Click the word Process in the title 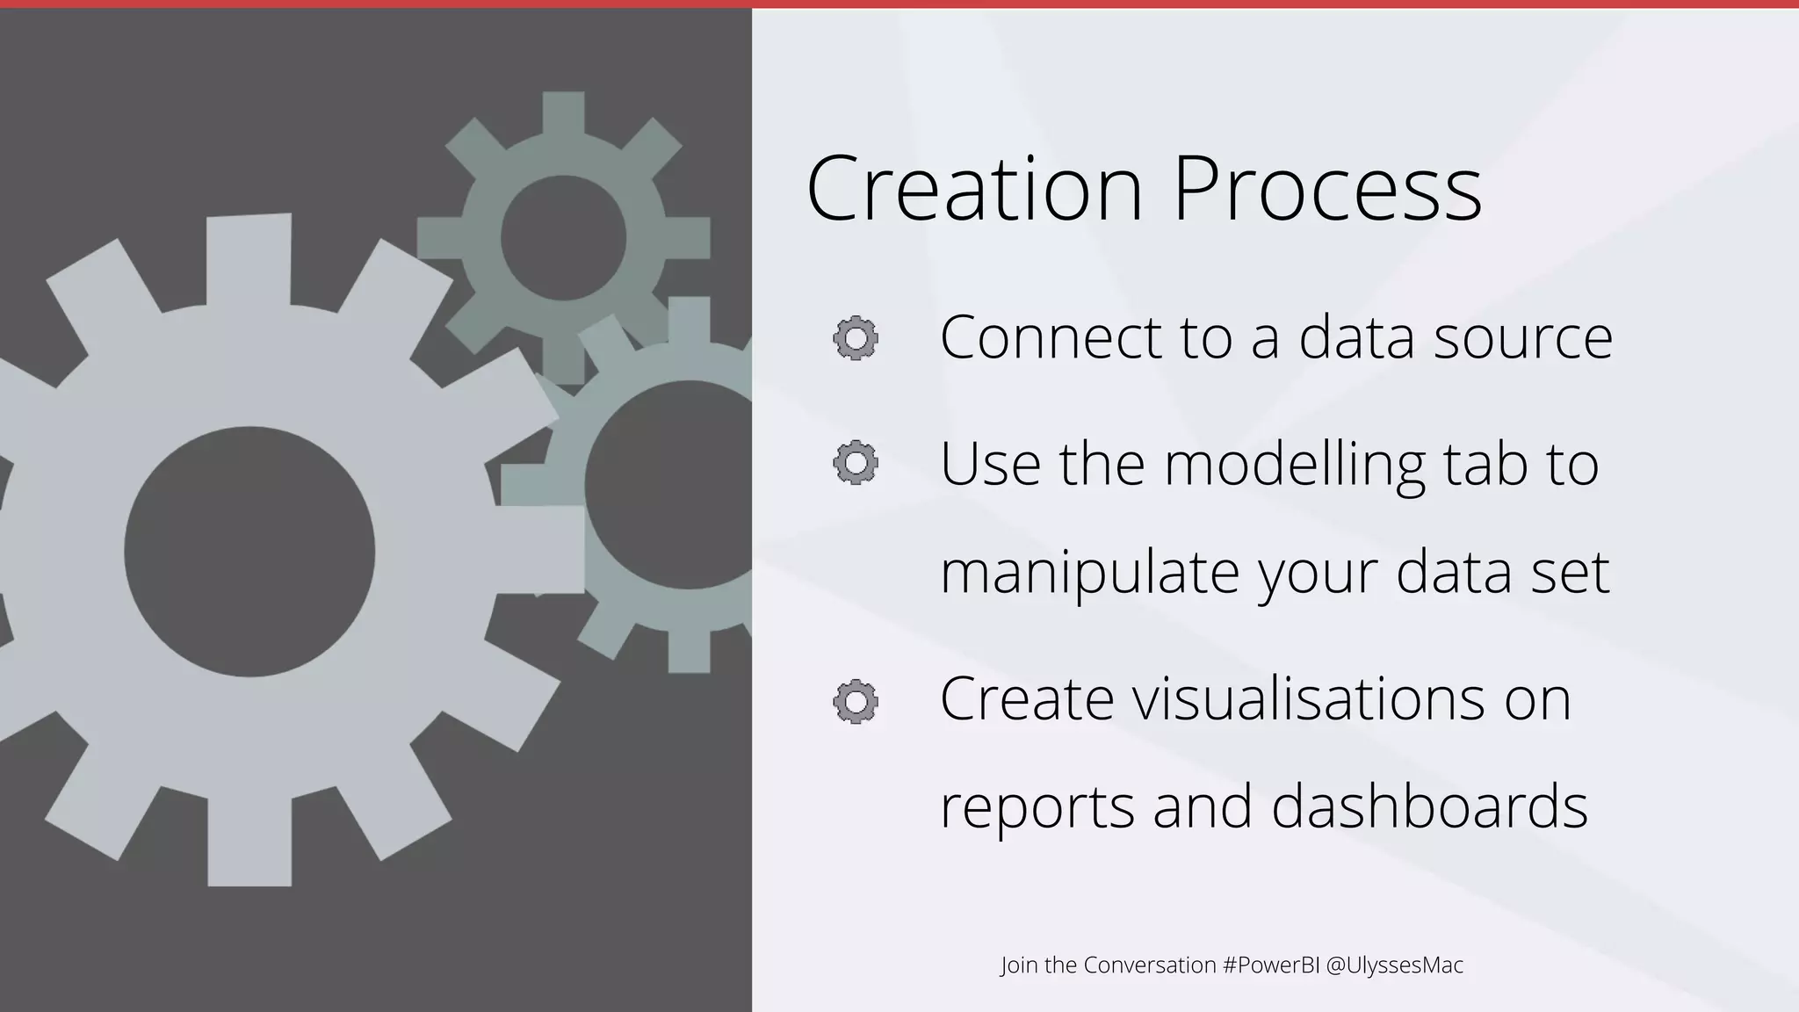[x=1327, y=189]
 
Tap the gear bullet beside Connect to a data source [x=856, y=338]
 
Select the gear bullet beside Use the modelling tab [x=856, y=463]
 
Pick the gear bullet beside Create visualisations [x=856, y=702]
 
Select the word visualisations [x=1301, y=698]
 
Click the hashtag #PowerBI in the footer [x=1271, y=965]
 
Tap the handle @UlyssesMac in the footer [x=1395, y=965]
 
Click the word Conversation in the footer [x=1150, y=965]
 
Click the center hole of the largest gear [x=249, y=552]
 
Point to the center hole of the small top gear [x=563, y=237]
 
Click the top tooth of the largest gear [x=249, y=259]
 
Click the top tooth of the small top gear [x=563, y=114]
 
